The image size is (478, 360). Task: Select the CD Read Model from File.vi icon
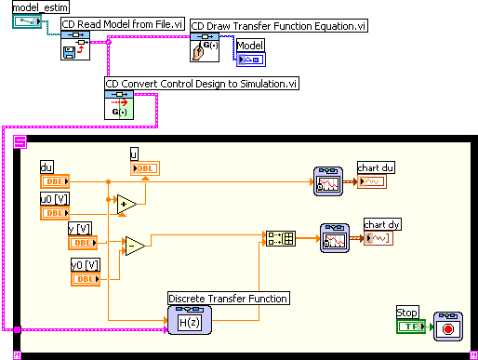[x=74, y=47]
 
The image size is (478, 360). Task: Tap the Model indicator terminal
[x=249, y=60]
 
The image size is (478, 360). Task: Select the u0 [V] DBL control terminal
[x=54, y=213]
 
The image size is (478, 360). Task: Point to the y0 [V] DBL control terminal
[x=86, y=278]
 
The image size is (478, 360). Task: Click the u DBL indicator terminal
[x=145, y=167]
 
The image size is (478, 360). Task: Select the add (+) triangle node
[x=126, y=203]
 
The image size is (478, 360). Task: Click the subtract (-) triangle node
[x=135, y=245]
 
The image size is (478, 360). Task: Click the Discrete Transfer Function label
[x=228, y=298]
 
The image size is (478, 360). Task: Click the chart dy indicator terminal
[x=378, y=238]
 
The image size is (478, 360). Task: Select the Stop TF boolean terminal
[x=410, y=327]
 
